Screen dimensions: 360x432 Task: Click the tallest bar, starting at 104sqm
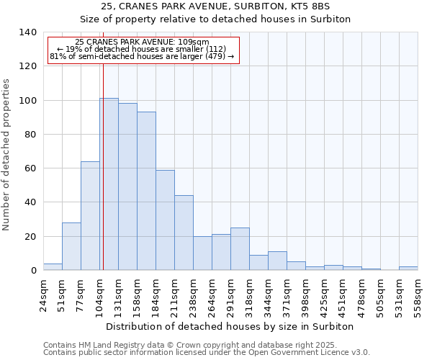point(109,184)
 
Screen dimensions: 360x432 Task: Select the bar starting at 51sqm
point(71,246)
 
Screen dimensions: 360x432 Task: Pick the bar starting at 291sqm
point(240,249)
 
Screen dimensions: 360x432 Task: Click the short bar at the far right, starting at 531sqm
point(408,269)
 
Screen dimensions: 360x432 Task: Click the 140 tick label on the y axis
point(27,32)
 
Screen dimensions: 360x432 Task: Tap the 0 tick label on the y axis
point(33,271)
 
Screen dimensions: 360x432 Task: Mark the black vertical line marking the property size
point(103,180)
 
